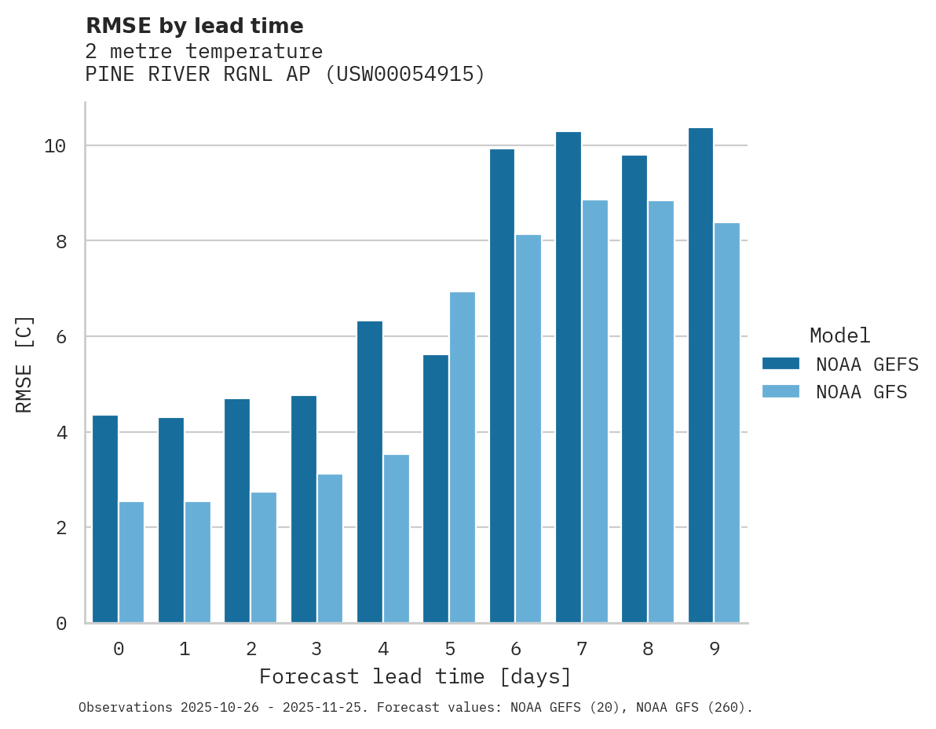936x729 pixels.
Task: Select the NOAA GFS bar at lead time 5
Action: [x=463, y=457]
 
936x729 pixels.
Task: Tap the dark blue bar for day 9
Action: [x=700, y=375]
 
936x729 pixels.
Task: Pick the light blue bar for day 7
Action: [x=595, y=411]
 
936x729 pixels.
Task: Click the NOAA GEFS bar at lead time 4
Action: [x=370, y=471]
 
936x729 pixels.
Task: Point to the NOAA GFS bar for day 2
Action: [x=264, y=557]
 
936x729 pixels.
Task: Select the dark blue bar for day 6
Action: [x=502, y=386]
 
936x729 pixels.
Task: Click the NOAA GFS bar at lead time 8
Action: [x=661, y=412]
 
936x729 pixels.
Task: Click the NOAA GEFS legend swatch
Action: [x=781, y=364]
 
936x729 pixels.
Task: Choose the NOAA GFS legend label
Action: [x=861, y=392]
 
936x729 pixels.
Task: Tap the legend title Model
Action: [x=839, y=336]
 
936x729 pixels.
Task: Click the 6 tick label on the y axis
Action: [x=61, y=337]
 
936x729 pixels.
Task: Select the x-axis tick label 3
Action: [x=316, y=649]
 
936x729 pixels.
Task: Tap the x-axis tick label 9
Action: [x=714, y=649]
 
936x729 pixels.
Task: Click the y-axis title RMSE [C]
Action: [x=24, y=364]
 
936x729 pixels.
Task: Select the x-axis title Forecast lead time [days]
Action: [x=415, y=676]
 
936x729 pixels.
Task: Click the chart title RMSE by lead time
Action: [x=194, y=26]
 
